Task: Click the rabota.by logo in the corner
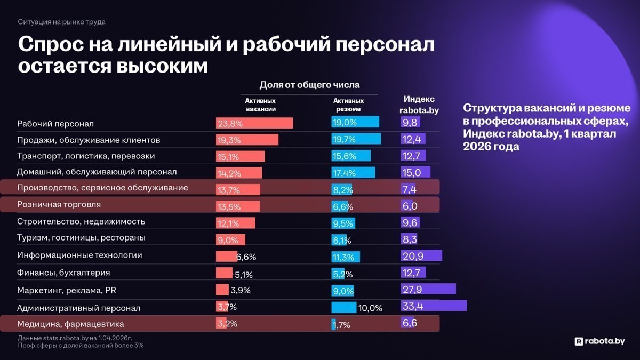[x=599, y=341]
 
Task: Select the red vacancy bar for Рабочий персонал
[x=254, y=123]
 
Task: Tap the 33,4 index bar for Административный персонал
[x=434, y=306]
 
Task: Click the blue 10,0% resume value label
[x=371, y=308]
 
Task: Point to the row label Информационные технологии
[x=79, y=255]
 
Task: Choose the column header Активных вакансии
[x=260, y=105]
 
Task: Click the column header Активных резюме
[x=348, y=105]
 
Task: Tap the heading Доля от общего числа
[x=309, y=85]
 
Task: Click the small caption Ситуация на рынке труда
[x=61, y=22]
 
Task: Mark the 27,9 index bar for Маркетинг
[x=428, y=289]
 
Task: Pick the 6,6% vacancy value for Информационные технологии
[x=246, y=257]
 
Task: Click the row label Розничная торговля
[x=59, y=204]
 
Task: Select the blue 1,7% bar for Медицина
[x=334, y=324]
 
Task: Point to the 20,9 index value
[x=413, y=256]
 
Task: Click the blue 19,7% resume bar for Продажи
[x=356, y=139]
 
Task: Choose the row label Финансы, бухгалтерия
[x=63, y=273]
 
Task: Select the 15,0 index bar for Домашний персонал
[x=415, y=172]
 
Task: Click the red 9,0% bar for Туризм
[x=230, y=239]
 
